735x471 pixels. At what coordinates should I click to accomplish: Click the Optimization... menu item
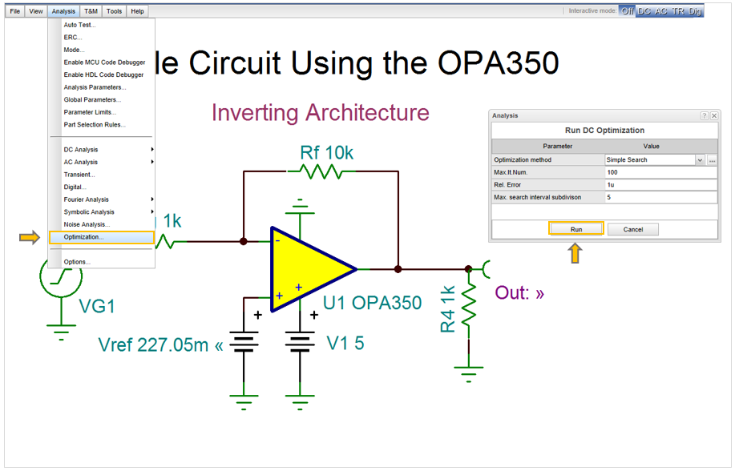tap(84, 237)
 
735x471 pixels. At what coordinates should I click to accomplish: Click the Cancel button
tap(632, 229)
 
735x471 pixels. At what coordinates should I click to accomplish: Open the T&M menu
tap(91, 11)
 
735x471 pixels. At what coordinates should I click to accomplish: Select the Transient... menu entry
tap(79, 175)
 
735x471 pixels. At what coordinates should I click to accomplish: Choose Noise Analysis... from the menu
tap(87, 224)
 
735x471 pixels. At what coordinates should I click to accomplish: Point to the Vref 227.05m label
tap(160, 345)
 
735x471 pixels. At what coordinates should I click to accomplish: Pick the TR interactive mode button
tap(678, 11)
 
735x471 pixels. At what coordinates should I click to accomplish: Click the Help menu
tap(137, 11)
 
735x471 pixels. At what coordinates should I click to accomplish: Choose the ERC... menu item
tap(73, 38)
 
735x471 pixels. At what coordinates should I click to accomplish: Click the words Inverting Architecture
tap(320, 113)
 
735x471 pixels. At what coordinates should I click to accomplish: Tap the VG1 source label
tap(97, 306)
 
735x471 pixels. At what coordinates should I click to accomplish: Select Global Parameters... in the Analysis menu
tap(92, 100)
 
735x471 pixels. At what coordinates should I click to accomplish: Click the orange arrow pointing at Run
tap(575, 253)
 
